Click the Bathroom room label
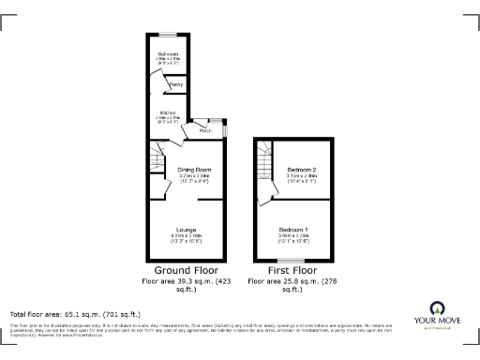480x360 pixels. tap(169, 53)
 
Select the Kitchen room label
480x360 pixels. tap(169, 112)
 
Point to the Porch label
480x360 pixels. tap(204, 130)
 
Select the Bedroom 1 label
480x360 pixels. tap(295, 229)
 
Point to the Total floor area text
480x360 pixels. tap(75, 313)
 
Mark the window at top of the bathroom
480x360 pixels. tap(169, 35)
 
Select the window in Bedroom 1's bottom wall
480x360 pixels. tap(295, 259)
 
